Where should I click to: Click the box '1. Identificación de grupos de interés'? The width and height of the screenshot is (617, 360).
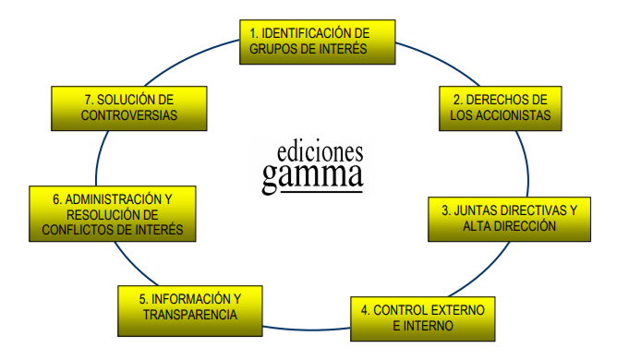317,42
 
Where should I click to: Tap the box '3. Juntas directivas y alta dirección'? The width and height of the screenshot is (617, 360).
509,218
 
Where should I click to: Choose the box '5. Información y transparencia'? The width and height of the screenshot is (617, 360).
191,307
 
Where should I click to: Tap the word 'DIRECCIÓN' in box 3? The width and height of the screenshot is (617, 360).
523,226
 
